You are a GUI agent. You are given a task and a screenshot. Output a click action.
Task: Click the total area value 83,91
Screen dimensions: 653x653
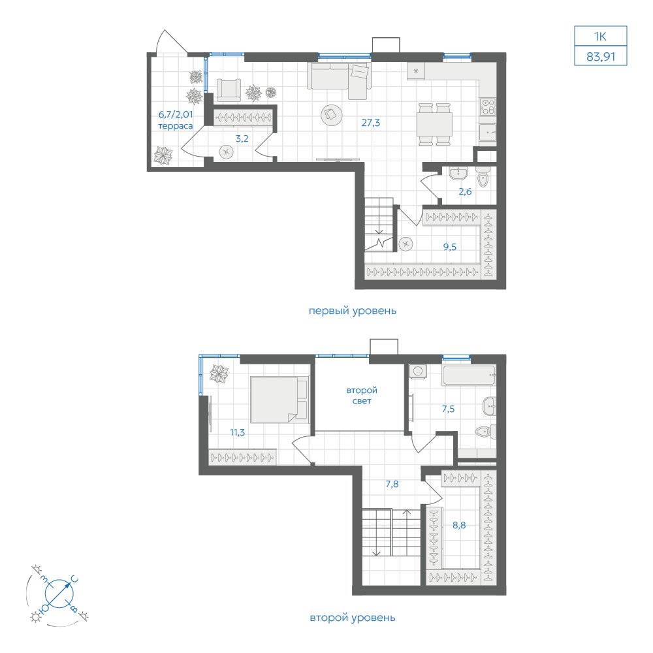tap(601, 56)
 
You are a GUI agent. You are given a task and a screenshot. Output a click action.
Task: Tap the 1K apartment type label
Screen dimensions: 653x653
tap(600, 37)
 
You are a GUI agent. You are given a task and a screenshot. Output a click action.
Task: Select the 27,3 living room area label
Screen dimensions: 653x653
tap(371, 123)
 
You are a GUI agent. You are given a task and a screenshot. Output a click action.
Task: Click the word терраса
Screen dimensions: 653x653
tap(175, 126)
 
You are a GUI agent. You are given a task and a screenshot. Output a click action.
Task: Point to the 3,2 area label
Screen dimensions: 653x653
tap(242, 138)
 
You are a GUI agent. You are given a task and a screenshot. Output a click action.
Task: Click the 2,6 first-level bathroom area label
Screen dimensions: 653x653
tap(465, 191)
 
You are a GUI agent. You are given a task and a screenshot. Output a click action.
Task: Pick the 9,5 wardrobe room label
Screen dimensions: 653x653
tap(450, 247)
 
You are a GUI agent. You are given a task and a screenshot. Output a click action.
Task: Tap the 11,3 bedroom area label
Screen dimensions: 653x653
tap(238, 433)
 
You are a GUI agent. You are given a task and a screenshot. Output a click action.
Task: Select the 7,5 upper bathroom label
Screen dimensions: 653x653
tap(448, 409)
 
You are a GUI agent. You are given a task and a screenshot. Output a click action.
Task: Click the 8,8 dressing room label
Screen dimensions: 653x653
tap(459, 525)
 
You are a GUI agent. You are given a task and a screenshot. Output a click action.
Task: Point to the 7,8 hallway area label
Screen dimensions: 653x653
tap(392, 484)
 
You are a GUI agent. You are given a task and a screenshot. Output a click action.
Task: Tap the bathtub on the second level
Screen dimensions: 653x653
tap(469, 375)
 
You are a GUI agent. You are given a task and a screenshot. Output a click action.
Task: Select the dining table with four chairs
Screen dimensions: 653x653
tap(435, 124)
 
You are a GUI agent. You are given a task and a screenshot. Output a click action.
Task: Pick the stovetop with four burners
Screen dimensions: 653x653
tap(488, 107)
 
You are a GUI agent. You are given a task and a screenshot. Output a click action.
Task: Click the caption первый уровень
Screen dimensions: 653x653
tap(353, 311)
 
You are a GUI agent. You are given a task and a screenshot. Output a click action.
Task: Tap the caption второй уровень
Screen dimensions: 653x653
tap(353, 618)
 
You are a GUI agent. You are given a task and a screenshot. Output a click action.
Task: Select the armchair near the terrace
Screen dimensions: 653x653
tap(229, 90)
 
